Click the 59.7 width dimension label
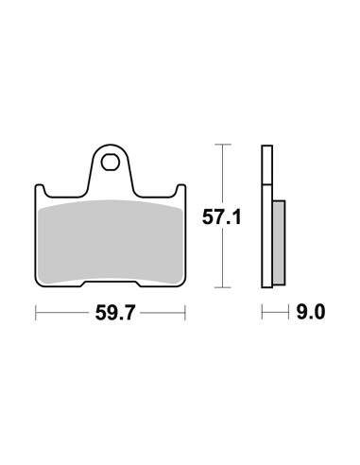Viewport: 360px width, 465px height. (115, 313)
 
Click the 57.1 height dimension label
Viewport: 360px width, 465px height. (221, 217)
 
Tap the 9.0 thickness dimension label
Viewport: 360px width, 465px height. (311, 313)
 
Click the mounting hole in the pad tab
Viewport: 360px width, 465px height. (111, 163)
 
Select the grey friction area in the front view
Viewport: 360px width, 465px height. (111, 242)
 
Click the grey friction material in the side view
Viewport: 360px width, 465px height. (279, 243)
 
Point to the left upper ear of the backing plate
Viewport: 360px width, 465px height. (40, 190)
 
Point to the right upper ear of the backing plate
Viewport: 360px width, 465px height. (181, 190)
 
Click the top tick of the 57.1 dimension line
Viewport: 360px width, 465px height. (223, 145)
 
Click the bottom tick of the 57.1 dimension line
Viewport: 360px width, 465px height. (223, 287)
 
